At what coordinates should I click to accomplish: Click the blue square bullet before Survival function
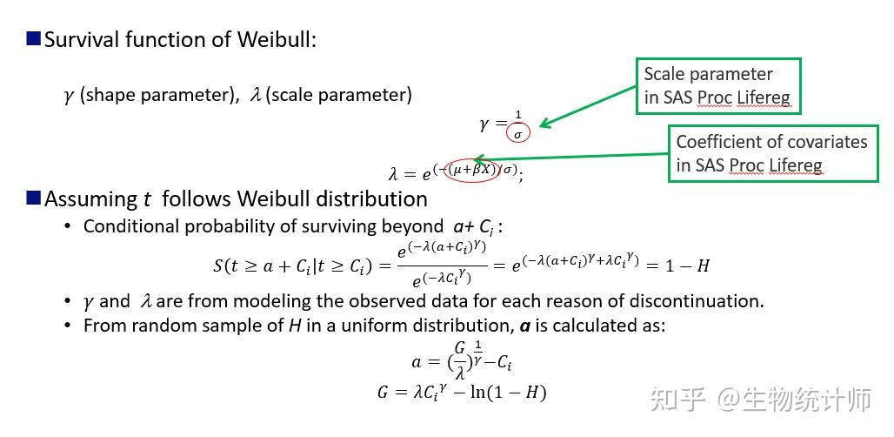(x=34, y=38)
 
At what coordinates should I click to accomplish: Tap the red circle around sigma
(x=518, y=134)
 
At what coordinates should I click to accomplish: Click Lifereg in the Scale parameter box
(x=764, y=98)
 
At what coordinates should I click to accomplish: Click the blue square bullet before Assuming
(x=34, y=198)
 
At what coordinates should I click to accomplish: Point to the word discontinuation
(x=702, y=301)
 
